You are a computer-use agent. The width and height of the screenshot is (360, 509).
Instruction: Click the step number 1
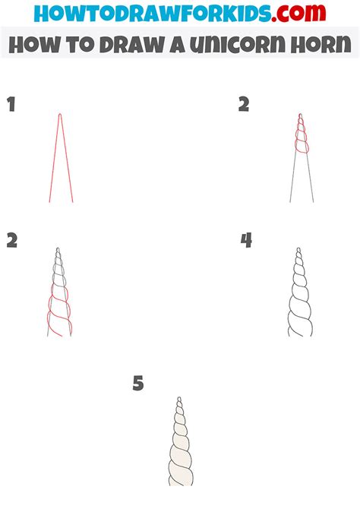click(11, 105)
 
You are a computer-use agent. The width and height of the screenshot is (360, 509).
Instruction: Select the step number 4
click(246, 241)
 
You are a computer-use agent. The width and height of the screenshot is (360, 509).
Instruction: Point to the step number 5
click(137, 384)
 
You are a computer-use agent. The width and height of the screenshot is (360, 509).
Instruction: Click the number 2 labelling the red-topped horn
click(244, 105)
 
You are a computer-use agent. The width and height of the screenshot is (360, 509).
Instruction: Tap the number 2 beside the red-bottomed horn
click(12, 241)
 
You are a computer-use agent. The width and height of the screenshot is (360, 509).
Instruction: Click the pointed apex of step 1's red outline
click(60, 115)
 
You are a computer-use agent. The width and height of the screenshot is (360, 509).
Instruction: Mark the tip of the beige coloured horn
click(179, 398)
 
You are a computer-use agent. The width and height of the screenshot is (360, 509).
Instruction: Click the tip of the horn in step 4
click(298, 250)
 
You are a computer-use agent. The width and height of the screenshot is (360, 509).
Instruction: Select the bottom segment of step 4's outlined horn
click(299, 324)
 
